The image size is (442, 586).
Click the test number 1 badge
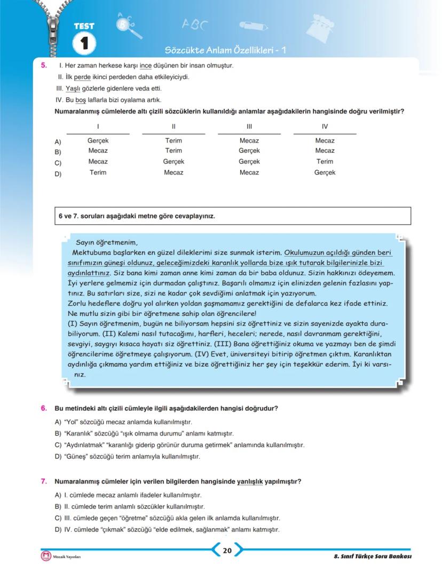[84, 43]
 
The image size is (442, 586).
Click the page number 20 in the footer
[227, 551]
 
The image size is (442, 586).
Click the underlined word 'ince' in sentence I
[146, 66]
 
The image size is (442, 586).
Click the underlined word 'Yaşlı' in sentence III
[73, 89]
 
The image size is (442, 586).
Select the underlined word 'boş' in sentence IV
[81, 100]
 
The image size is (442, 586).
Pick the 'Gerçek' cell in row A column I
[98, 141]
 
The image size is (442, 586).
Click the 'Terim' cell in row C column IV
[325, 162]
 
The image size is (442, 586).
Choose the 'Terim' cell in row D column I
[98, 172]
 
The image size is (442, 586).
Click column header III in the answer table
[249, 126]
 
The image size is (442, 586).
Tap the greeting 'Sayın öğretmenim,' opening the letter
[107, 242]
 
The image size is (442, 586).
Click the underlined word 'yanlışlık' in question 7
[250, 481]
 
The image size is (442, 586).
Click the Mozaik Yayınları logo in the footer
[46, 556]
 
